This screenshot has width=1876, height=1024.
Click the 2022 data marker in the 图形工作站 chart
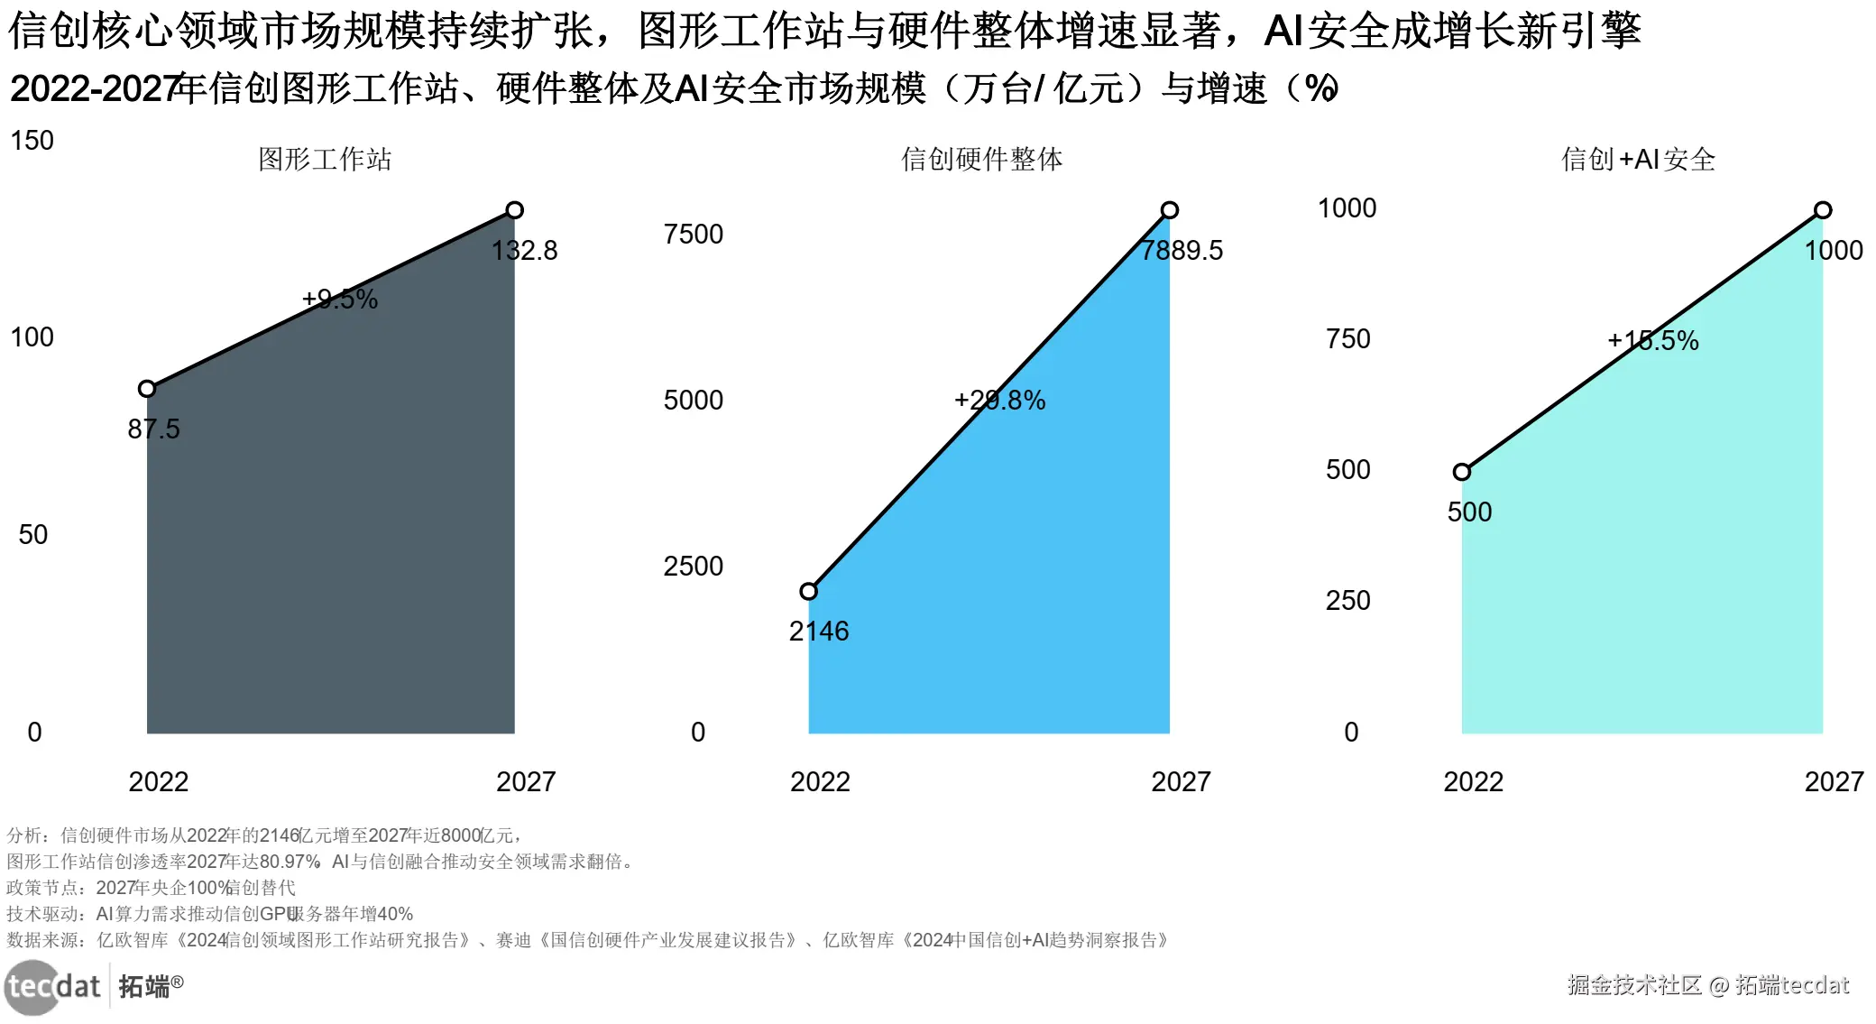[147, 389]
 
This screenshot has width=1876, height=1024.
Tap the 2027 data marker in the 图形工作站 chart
[514, 210]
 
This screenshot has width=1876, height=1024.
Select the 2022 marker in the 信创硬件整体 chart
[809, 591]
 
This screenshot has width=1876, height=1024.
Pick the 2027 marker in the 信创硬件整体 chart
[1169, 210]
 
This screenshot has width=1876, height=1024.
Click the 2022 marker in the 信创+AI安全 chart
[1462, 472]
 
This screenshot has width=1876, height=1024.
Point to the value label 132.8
[524, 250]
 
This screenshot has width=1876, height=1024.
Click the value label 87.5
[153, 429]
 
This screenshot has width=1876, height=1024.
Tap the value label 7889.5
[1182, 250]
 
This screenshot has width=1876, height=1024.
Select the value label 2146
[819, 631]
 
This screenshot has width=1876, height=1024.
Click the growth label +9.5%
[339, 299]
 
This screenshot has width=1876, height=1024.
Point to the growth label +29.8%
[999, 400]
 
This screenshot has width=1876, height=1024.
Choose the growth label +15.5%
[1652, 340]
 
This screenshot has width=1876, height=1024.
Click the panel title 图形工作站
[325, 160]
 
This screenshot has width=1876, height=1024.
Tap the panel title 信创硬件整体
[981, 160]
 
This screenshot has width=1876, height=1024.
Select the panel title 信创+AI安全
[1638, 160]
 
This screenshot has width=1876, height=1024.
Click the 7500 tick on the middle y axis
[693, 234]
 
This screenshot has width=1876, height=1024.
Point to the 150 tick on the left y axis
[32, 140]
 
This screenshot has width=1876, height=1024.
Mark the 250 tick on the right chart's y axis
[1347, 600]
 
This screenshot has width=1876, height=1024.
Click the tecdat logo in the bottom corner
[52, 986]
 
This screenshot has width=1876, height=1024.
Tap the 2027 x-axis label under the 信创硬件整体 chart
[1181, 781]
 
